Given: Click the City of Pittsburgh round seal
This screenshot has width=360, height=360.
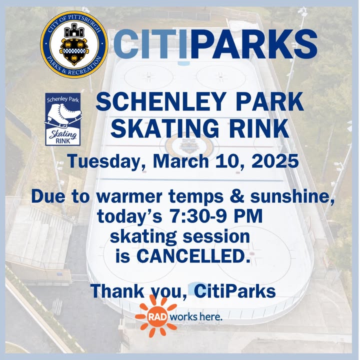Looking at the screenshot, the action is [74, 44].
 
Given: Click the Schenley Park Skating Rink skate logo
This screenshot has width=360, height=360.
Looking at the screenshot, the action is [63, 119].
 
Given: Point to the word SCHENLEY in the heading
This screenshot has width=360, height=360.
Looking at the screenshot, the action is [160, 101].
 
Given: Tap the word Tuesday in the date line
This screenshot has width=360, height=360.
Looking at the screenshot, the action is [107, 161].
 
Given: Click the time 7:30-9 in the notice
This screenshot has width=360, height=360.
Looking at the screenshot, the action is [198, 216].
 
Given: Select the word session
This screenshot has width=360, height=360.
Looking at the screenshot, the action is [216, 236].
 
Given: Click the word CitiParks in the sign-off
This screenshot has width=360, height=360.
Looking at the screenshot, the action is [234, 290].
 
